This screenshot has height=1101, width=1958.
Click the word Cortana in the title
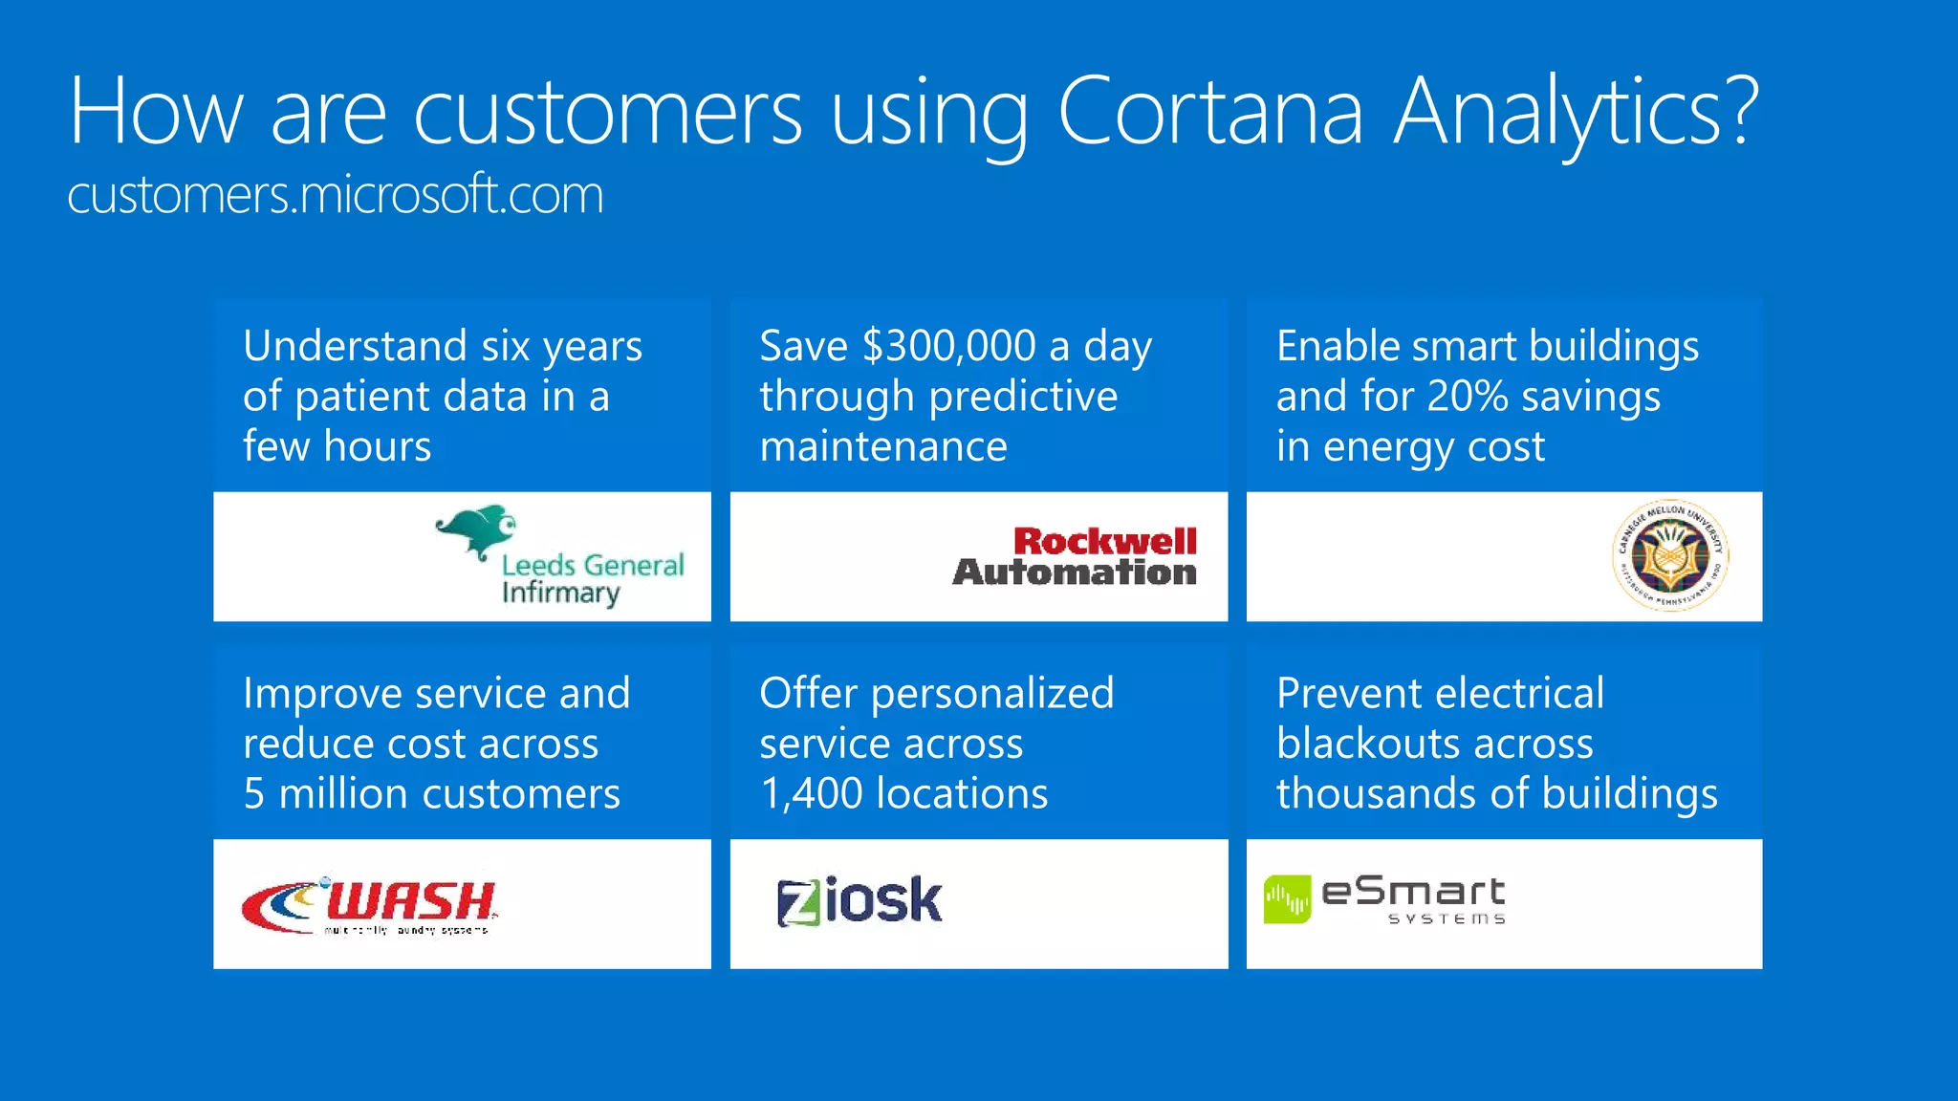(1209, 112)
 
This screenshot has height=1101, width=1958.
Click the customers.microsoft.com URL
(336, 195)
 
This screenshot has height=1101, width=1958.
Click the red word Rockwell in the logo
(1105, 541)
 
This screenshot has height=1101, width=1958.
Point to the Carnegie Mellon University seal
(1670, 555)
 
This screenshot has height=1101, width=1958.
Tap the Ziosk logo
(859, 900)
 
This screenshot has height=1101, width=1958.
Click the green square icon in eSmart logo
(1287, 899)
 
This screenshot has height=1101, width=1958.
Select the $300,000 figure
(948, 346)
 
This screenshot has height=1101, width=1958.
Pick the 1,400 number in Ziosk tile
(811, 794)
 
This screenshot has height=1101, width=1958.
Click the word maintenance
(883, 446)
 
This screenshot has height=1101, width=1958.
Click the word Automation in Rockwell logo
(1075, 572)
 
